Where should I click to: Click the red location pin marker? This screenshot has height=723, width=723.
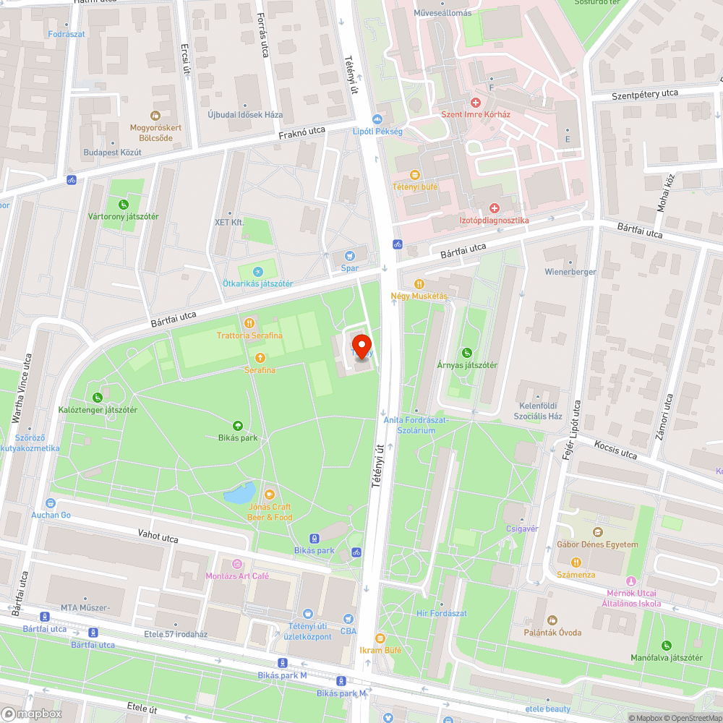click(x=361, y=344)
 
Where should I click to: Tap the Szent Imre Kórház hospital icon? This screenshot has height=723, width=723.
click(x=476, y=103)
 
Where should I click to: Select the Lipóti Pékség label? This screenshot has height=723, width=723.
click(x=377, y=132)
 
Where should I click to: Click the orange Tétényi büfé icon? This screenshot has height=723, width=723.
click(x=414, y=175)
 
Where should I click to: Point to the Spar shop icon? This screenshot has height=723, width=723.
click(x=350, y=256)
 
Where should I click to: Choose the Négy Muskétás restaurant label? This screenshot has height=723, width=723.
click(x=419, y=296)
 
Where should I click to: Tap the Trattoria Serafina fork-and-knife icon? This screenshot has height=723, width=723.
click(x=249, y=323)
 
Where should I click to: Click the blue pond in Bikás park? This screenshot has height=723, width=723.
click(x=239, y=495)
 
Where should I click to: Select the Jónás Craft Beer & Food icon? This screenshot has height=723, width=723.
click(x=270, y=495)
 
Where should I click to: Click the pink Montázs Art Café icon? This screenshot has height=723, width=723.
click(x=236, y=564)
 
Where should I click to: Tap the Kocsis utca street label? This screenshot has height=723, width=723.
click(x=616, y=449)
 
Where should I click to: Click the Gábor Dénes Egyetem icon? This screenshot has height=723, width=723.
click(x=597, y=533)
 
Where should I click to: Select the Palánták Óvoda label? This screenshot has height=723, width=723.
click(x=552, y=633)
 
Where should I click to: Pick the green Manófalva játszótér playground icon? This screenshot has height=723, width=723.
click(x=666, y=646)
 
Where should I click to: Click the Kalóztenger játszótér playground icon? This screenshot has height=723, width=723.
click(x=98, y=398)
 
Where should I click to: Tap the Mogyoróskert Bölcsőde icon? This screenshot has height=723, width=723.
click(x=154, y=116)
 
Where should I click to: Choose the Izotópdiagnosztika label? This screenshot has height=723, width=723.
click(x=495, y=220)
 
